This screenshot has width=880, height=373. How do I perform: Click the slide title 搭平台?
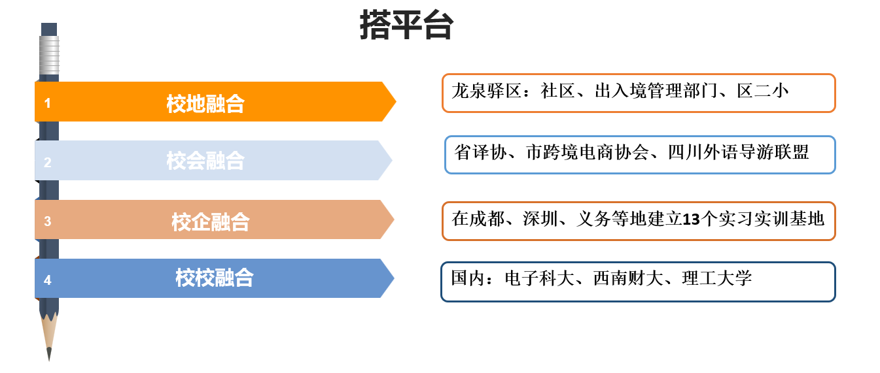(406, 25)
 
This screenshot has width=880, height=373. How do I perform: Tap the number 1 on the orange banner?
(48, 103)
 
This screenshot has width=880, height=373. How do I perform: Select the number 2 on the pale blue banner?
(48, 162)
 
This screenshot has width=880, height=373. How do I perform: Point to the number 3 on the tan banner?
(48, 221)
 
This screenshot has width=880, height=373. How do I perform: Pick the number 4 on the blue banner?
(48, 280)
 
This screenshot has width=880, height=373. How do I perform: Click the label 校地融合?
(205, 104)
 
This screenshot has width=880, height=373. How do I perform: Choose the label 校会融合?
(205, 161)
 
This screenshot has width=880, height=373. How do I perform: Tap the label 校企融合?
(211, 221)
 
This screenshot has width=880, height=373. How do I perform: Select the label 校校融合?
(215, 278)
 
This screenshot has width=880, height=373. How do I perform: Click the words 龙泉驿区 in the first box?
(487, 91)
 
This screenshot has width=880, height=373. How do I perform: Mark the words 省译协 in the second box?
(480, 152)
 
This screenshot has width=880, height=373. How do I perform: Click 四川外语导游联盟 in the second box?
(739, 152)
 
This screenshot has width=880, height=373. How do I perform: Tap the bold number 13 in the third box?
(692, 219)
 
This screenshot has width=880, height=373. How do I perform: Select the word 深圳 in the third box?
(540, 219)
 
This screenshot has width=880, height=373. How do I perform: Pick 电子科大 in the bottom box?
(540, 278)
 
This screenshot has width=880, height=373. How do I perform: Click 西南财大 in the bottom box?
(628, 278)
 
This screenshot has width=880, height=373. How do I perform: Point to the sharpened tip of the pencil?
(49, 359)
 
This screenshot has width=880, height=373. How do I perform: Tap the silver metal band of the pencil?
(49, 55)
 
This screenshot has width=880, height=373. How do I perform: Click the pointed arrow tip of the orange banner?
(396, 102)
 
